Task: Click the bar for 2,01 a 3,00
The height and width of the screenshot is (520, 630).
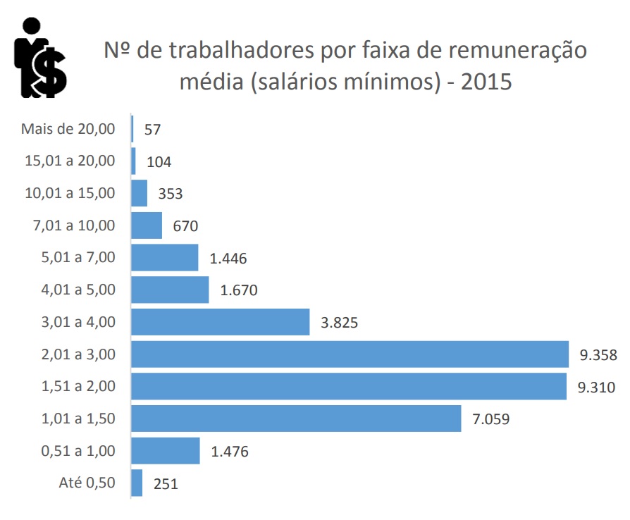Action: [350, 354]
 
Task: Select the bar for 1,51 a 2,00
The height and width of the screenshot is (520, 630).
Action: [349, 386]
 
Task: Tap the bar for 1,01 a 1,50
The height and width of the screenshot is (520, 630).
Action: [296, 419]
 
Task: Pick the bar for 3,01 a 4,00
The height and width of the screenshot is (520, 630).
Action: [221, 322]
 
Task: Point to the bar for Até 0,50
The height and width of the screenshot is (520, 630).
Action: [137, 483]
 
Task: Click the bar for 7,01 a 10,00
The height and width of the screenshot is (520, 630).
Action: [147, 225]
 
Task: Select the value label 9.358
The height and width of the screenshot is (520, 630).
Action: [598, 355]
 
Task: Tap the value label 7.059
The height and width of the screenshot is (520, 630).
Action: [491, 419]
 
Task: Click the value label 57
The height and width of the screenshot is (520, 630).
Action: [153, 130]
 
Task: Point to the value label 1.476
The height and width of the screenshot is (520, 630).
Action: [230, 452]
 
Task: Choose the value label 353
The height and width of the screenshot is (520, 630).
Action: [169, 194]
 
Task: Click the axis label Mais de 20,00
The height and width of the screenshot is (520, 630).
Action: [68, 129]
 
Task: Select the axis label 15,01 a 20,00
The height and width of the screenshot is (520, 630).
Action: [70, 161]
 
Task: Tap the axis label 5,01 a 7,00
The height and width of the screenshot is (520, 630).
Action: [78, 257]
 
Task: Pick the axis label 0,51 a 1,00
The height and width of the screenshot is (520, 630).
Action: [78, 451]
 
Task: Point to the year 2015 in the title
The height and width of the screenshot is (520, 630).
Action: [486, 82]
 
